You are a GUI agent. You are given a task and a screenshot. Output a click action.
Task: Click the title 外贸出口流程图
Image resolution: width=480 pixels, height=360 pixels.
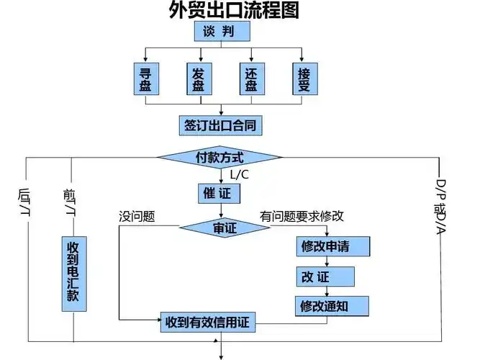223,10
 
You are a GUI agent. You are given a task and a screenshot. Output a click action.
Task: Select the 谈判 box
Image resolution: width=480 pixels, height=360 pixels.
222,32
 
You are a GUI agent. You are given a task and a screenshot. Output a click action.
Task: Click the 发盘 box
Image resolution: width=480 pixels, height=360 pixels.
198,80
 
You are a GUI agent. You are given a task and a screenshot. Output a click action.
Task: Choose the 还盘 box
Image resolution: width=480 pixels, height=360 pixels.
250,80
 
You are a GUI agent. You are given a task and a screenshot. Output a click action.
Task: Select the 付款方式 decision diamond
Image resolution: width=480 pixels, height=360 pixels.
220,157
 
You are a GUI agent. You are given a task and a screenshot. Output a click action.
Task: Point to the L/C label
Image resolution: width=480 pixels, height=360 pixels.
240,175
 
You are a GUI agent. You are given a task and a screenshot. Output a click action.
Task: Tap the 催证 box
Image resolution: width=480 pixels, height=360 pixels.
219,194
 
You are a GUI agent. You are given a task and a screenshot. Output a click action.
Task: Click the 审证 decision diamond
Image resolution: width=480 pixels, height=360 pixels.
224,228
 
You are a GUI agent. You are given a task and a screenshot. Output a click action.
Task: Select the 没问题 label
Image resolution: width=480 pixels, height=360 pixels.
137,215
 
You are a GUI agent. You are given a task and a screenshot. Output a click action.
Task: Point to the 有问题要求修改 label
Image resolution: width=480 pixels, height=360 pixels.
302,215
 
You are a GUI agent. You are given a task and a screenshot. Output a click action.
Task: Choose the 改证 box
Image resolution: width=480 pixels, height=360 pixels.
325,276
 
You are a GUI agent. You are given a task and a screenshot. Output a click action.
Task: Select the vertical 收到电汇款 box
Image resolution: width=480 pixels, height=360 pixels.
73,272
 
